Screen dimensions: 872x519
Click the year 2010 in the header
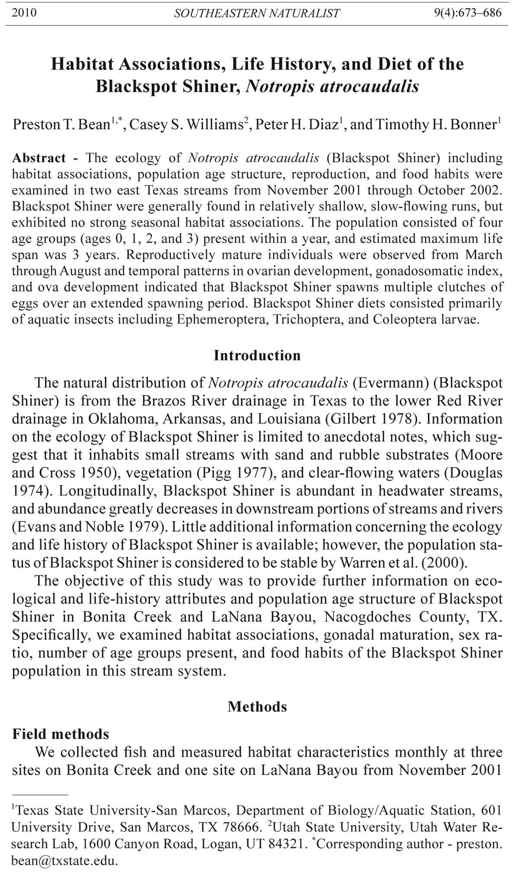pyautogui.click(x=24, y=13)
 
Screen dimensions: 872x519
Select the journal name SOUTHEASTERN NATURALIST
pyautogui.click(x=257, y=13)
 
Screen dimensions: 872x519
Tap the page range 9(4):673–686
pyautogui.click(x=468, y=13)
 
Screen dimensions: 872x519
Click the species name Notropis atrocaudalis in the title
pyautogui.click(x=332, y=87)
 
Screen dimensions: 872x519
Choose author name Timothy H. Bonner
pyautogui.click(x=436, y=125)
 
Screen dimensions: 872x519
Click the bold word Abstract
pyautogui.click(x=39, y=158)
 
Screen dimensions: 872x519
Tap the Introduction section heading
pyautogui.click(x=257, y=356)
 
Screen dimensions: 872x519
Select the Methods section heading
pyautogui.click(x=257, y=707)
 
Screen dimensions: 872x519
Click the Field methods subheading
pyautogui.click(x=61, y=734)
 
